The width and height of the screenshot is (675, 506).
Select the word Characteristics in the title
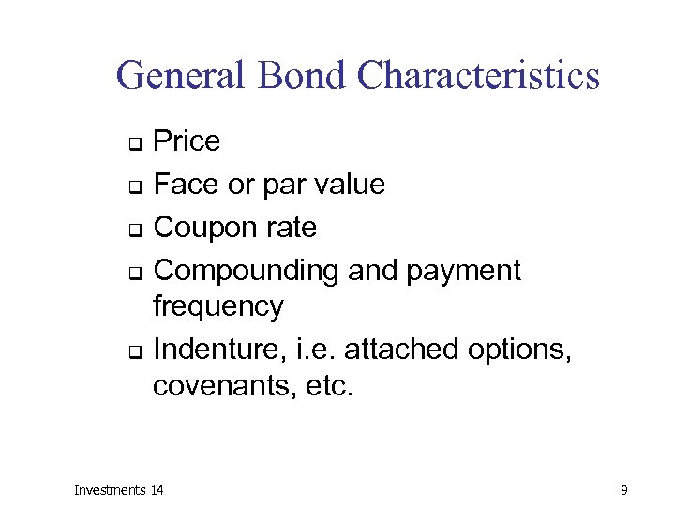coord(478,76)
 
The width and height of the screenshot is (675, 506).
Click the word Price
coord(187,141)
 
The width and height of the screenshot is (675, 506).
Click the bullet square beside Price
coord(135,144)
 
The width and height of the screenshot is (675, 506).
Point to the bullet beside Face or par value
coord(135,187)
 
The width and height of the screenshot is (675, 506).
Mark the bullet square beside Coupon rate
coord(135,231)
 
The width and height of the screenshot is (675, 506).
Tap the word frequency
coord(217,307)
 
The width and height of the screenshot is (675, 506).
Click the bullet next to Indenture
coord(135,352)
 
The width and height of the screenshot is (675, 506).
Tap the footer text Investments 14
coord(118,489)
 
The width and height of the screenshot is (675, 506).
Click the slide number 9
coord(623,489)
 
